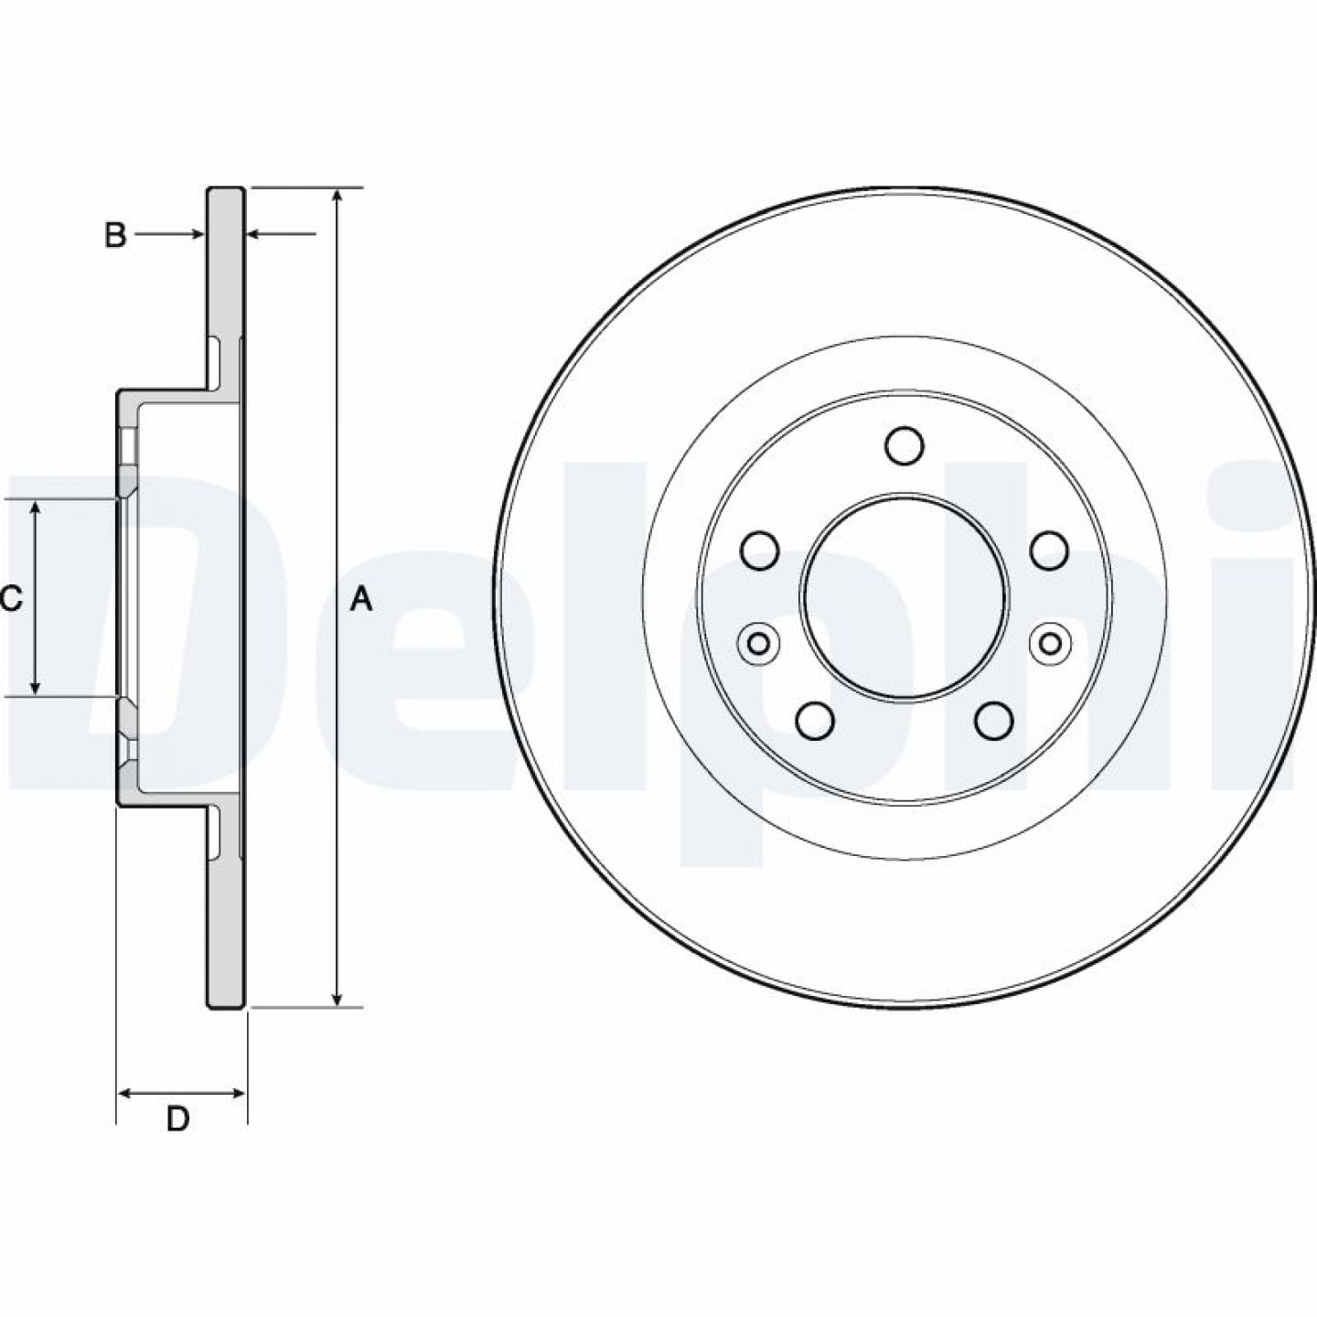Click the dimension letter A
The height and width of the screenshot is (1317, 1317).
pyautogui.click(x=361, y=601)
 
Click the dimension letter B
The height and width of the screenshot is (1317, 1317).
pyautogui.click(x=115, y=235)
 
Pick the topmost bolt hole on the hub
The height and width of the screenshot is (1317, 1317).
pyautogui.click(x=905, y=444)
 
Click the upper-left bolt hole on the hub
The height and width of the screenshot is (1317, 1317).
pyautogui.click(x=760, y=550)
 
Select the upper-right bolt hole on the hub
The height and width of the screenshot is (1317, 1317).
pyautogui.click(x=1049, y=550)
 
